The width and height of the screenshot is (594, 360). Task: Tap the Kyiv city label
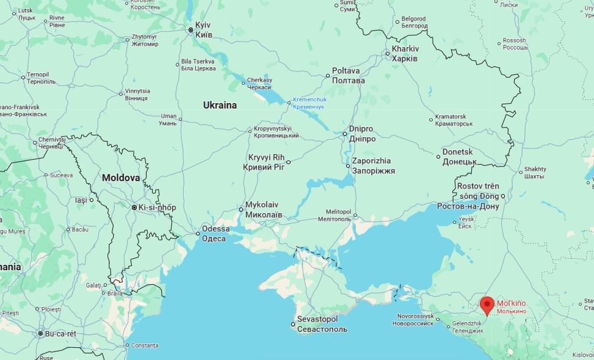pos(203,29)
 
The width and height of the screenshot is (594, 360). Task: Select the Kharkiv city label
pos(405,54)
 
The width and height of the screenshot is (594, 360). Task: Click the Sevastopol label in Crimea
pos(322,324)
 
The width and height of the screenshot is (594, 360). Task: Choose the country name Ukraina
pos(220,105)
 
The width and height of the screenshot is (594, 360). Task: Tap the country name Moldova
pos(120,178)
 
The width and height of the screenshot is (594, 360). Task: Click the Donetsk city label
pos(459,156)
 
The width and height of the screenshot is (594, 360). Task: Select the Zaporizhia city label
pos(373,166)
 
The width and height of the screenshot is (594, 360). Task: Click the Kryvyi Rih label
pos(264,162)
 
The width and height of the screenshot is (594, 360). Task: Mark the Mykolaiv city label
pos(263,210)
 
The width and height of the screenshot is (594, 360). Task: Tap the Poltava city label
pos(349,76)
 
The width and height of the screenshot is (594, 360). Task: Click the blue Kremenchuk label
pos(310,103)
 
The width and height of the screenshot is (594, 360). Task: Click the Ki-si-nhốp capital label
pos(157,207)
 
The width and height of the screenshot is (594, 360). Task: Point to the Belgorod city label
pos(415,23)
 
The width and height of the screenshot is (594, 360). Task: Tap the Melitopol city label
pos(334,214)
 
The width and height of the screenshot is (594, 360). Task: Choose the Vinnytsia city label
pos(136,94)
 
